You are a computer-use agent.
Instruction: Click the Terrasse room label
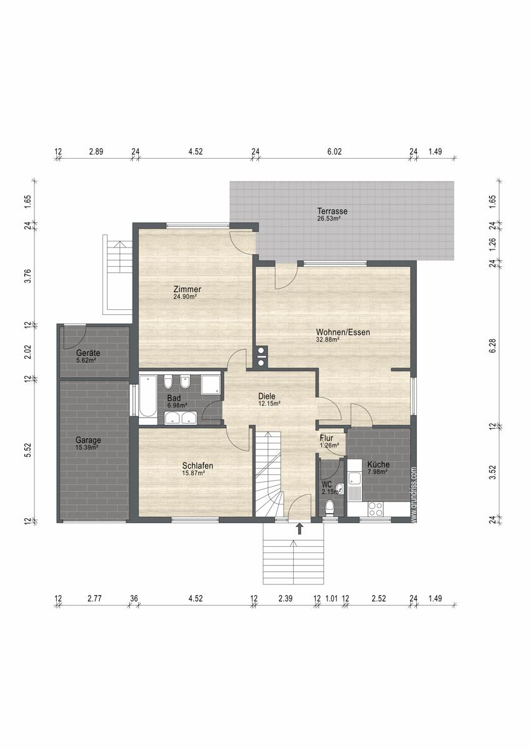coord(332,211)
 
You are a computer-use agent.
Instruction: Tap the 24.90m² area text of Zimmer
coord(184,297)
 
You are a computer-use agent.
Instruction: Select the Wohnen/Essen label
coord(343,332)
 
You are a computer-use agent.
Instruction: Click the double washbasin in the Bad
coord(181,418)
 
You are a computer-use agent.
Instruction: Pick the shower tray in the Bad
coord(211,385)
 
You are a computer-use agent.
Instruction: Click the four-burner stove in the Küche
coord(376,509)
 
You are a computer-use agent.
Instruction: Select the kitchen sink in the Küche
coord(354,482)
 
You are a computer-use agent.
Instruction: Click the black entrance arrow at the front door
coord(300,528)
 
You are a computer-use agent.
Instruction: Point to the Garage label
coord(88,440)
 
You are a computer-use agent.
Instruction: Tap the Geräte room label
coord(88,353)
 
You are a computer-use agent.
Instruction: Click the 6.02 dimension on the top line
coord(334,152)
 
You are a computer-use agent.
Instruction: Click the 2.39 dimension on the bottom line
coord(285,598)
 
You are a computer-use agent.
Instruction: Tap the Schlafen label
coord(197,466)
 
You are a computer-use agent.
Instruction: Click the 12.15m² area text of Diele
coord(269,404)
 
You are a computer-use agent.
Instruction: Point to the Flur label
coord(326,438)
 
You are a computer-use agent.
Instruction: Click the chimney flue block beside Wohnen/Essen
coord(261,356)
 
